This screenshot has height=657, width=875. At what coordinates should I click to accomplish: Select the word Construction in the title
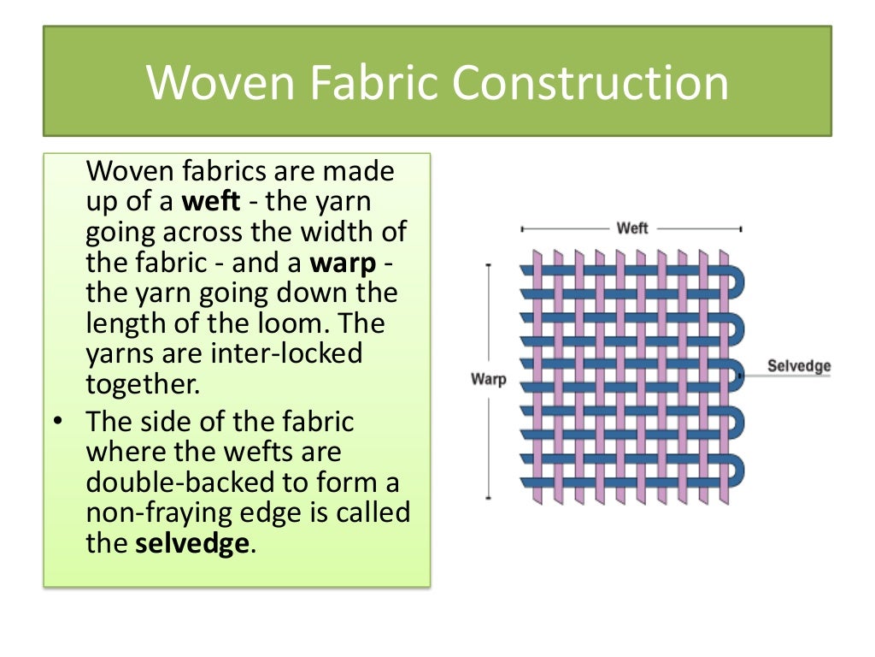590,83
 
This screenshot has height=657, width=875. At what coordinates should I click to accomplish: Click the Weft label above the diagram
632,228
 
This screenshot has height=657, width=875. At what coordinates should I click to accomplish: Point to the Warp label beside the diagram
488,379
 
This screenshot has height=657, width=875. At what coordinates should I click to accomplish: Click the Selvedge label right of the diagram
799,366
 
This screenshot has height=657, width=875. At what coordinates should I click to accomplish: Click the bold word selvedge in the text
192,543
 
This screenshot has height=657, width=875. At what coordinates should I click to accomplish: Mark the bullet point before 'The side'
57,421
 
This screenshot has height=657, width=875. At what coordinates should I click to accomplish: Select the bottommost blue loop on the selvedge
737,471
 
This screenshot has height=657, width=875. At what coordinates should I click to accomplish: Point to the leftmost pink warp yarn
537,376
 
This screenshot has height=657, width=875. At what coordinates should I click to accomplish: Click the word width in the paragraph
338,232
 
